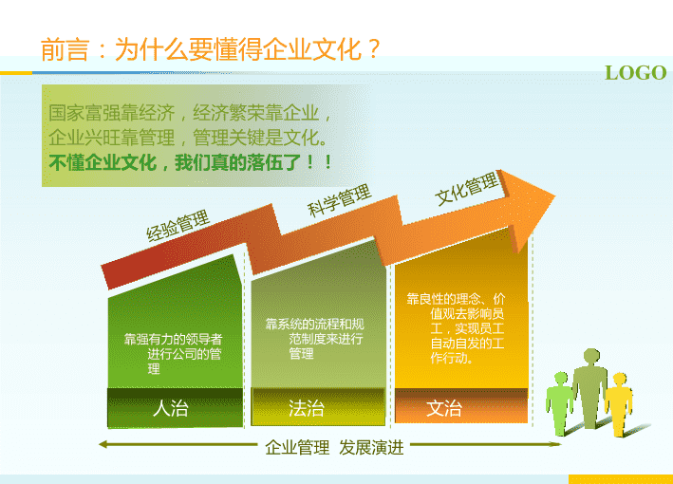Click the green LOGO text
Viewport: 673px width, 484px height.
coord(635,73)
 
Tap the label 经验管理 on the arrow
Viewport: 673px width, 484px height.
coord(178,226)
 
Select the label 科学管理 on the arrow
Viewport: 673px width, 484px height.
coord(339,200)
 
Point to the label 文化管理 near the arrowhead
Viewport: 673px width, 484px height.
coord(467,189)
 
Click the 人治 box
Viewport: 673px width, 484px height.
coord(175,408)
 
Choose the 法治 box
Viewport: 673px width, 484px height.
coord(318,407)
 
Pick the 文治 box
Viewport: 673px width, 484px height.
coord(461,406)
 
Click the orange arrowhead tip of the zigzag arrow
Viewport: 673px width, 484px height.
coord(555,196)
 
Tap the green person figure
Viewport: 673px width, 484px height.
coord(559,403)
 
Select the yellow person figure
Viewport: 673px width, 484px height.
coord(619,404)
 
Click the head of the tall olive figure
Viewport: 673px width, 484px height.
coord(591,356)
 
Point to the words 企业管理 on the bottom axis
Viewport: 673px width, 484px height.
coord(297,448)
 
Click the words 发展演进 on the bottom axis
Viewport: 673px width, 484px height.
coord(371,448)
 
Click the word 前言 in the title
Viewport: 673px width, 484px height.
coord(65,49)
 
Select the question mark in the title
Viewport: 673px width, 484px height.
coord(373,49)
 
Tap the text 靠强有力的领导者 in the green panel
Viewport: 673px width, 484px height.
coord(173,340)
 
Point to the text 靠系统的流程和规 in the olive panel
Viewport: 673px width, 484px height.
coord(314,324)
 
